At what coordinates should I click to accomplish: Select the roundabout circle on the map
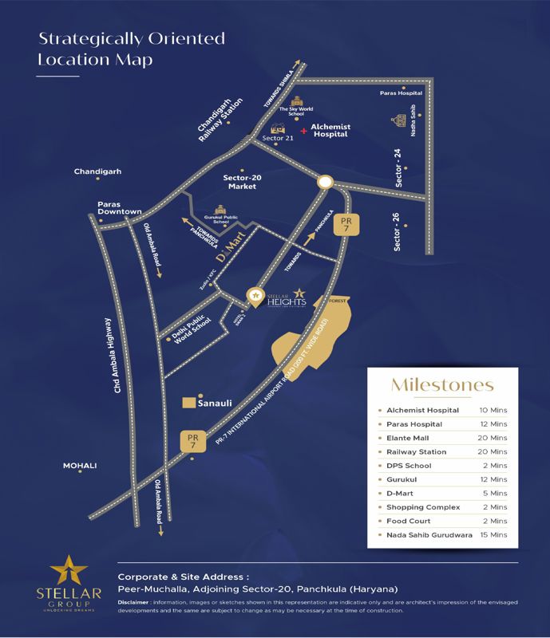point(323,183)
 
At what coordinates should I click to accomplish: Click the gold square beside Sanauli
point(190,404)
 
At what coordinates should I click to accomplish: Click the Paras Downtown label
point(119,207)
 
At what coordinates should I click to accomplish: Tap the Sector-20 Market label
point(239,181)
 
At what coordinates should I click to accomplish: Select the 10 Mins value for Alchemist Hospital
point(493,410)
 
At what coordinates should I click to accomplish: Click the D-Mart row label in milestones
point(399,494)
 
